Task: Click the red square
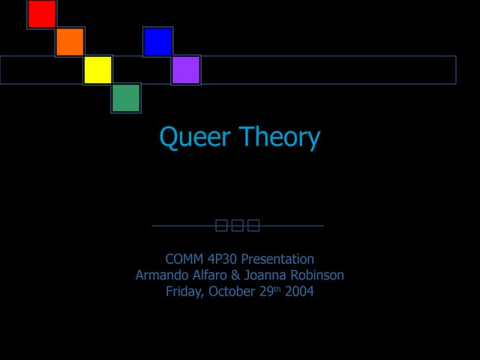pyautogui.click(x=42, y=14)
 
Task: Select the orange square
pyautogui.click(x=70, y=42)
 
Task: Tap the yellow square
pyautogui.click(x=97, y=70)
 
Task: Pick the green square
pyautogui.click(x=126, y=98)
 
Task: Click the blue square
pyautogui.click(x=157, y=42)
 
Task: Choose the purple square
pyautogui.click(x=186, y=70)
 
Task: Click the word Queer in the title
pyautogui.click(x=196, y=138)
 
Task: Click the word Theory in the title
pyautogui.click(x=280, y=137)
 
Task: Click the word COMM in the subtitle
pyautogui.click(x=184, y=259)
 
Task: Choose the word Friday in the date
pyautogui.click(x=184, y=292)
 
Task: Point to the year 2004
pyautogui.click(x=299, y=292)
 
